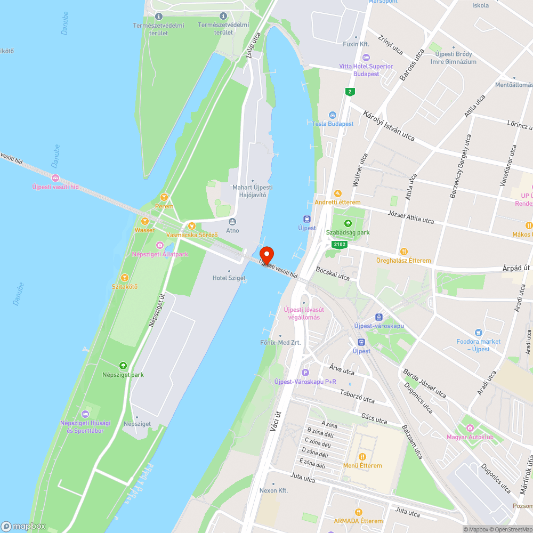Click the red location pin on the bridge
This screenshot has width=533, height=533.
[x=266, y=255]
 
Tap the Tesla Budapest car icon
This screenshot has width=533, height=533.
[x=333, y=115]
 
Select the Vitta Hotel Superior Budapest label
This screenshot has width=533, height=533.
[x=366, y=70]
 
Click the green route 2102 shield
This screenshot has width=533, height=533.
[x=339, y=245]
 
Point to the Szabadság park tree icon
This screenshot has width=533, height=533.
[x=348, y=223]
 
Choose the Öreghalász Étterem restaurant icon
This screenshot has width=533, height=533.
[x=404, y=252]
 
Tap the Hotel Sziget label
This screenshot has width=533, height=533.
[x=229, y=278]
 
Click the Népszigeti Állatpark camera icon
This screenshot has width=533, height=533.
[x=160, y=245]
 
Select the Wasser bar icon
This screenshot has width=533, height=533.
[x=144, y=221]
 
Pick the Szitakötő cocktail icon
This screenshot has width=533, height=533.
[x=124, y=277]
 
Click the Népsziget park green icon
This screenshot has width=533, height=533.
[x=123, y=366]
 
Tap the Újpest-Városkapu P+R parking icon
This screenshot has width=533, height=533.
[x=305, y=373]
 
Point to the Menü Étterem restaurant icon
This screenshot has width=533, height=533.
[x=362, y=456]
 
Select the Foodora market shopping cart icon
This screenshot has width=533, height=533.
[x=478, y=332]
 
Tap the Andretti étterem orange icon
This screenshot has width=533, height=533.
[x=337, y=193]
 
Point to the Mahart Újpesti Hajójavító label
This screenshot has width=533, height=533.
[x=252, y=191]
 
